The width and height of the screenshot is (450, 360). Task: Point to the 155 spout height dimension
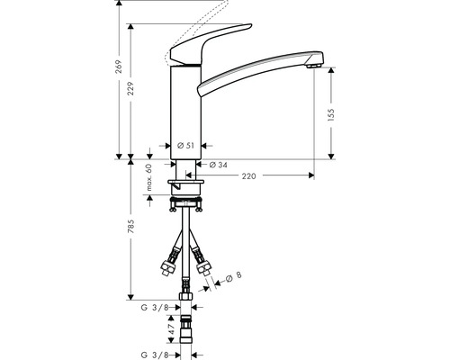point(331,114)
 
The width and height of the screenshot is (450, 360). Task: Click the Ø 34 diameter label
point(217,165)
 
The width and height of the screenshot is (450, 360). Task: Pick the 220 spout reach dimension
point(248,176)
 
